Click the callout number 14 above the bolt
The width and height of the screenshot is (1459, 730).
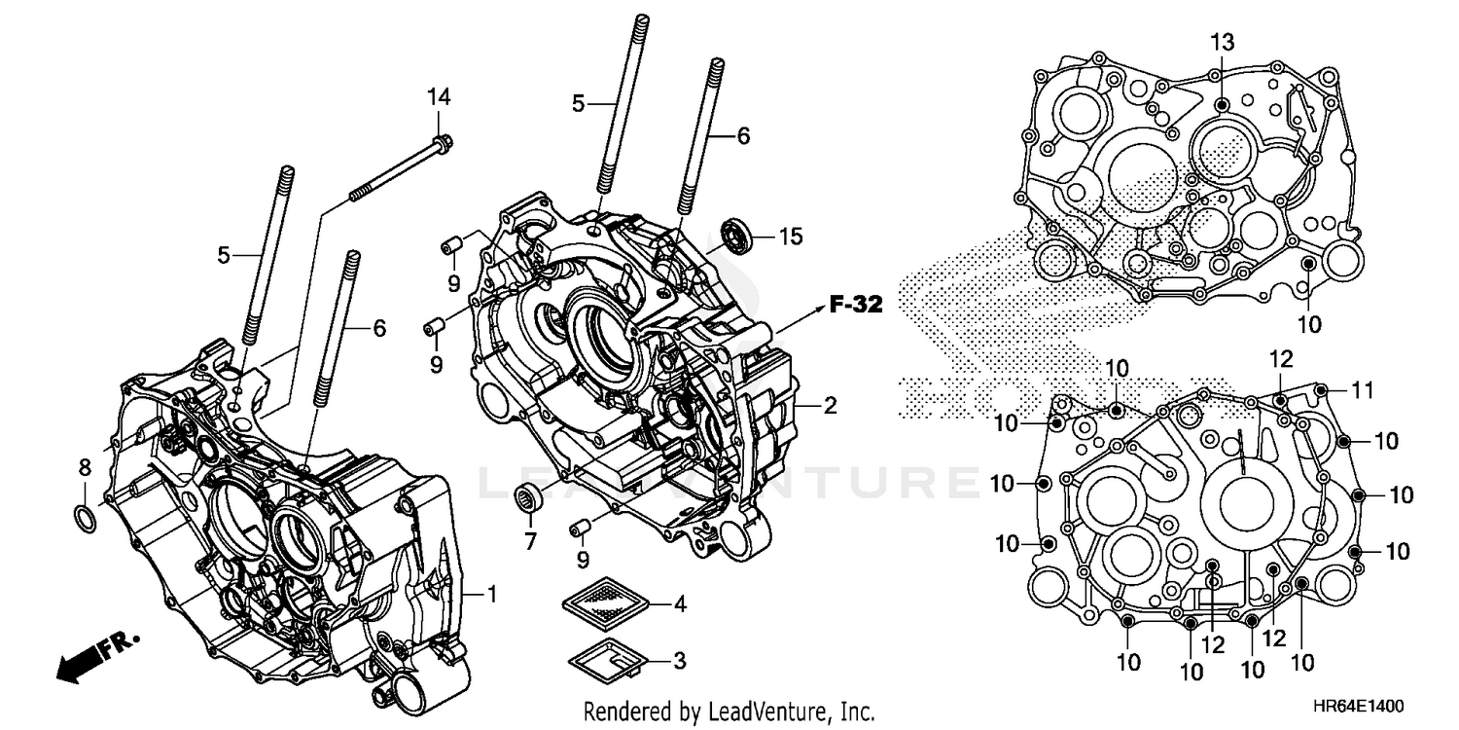click(439, 96)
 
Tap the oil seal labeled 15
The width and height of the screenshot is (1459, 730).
click(735, 236)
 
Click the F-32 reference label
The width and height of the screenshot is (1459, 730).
click(855, 305)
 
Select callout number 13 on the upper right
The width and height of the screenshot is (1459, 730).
click(1222, 42)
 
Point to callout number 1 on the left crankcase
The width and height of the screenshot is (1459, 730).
click(491, 593)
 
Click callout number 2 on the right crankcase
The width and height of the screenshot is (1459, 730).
click(830, 406)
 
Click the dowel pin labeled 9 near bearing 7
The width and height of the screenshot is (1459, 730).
click(582, 528)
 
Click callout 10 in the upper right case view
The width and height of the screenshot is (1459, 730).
click(1309, 324)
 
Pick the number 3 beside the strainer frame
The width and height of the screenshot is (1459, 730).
click(679, 660)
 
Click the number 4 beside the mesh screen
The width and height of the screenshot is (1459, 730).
click(679, 604)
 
